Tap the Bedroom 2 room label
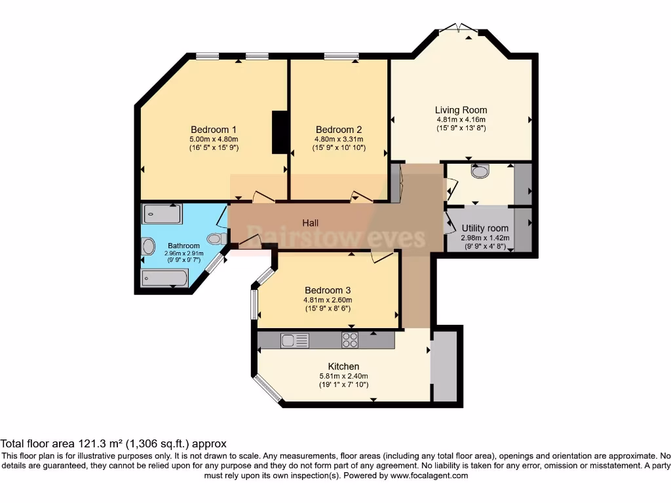(338, 129)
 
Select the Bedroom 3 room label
(328, 290)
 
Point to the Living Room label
(461, 110)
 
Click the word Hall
(311, 223)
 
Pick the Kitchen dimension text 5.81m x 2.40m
(343, 376)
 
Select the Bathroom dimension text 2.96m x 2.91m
(183, 253)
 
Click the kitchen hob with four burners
(350, 340)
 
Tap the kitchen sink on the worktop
(295, 340)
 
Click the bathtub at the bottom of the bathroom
(164, 278)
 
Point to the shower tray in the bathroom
(163, 214)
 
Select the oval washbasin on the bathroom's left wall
(149, 246)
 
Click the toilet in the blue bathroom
(215, 238)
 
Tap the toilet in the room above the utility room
(480, 171)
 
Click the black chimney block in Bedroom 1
(280, 132)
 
